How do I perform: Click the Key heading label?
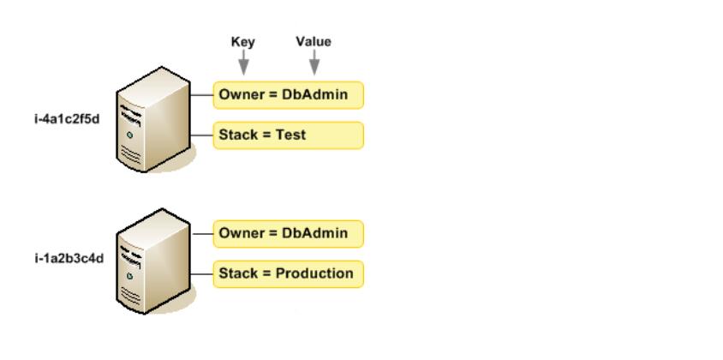242,42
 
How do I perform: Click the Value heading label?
314,41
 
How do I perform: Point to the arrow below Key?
243,63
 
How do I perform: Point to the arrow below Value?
314,63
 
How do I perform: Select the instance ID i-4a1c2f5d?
67,119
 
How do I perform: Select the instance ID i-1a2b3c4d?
69,259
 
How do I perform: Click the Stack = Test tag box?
288,135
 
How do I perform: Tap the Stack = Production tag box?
288,274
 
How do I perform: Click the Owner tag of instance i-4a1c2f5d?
288,95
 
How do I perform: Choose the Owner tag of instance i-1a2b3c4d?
288,234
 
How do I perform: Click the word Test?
290,135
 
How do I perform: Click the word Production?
314,273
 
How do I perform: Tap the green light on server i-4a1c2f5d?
130,135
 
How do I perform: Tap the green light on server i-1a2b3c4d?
130,276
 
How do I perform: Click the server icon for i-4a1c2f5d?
154,119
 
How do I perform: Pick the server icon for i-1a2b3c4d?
154,261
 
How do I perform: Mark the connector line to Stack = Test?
202,135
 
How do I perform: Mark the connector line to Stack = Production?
202,274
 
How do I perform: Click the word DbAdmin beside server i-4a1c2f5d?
315,94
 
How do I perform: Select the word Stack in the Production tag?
237,273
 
